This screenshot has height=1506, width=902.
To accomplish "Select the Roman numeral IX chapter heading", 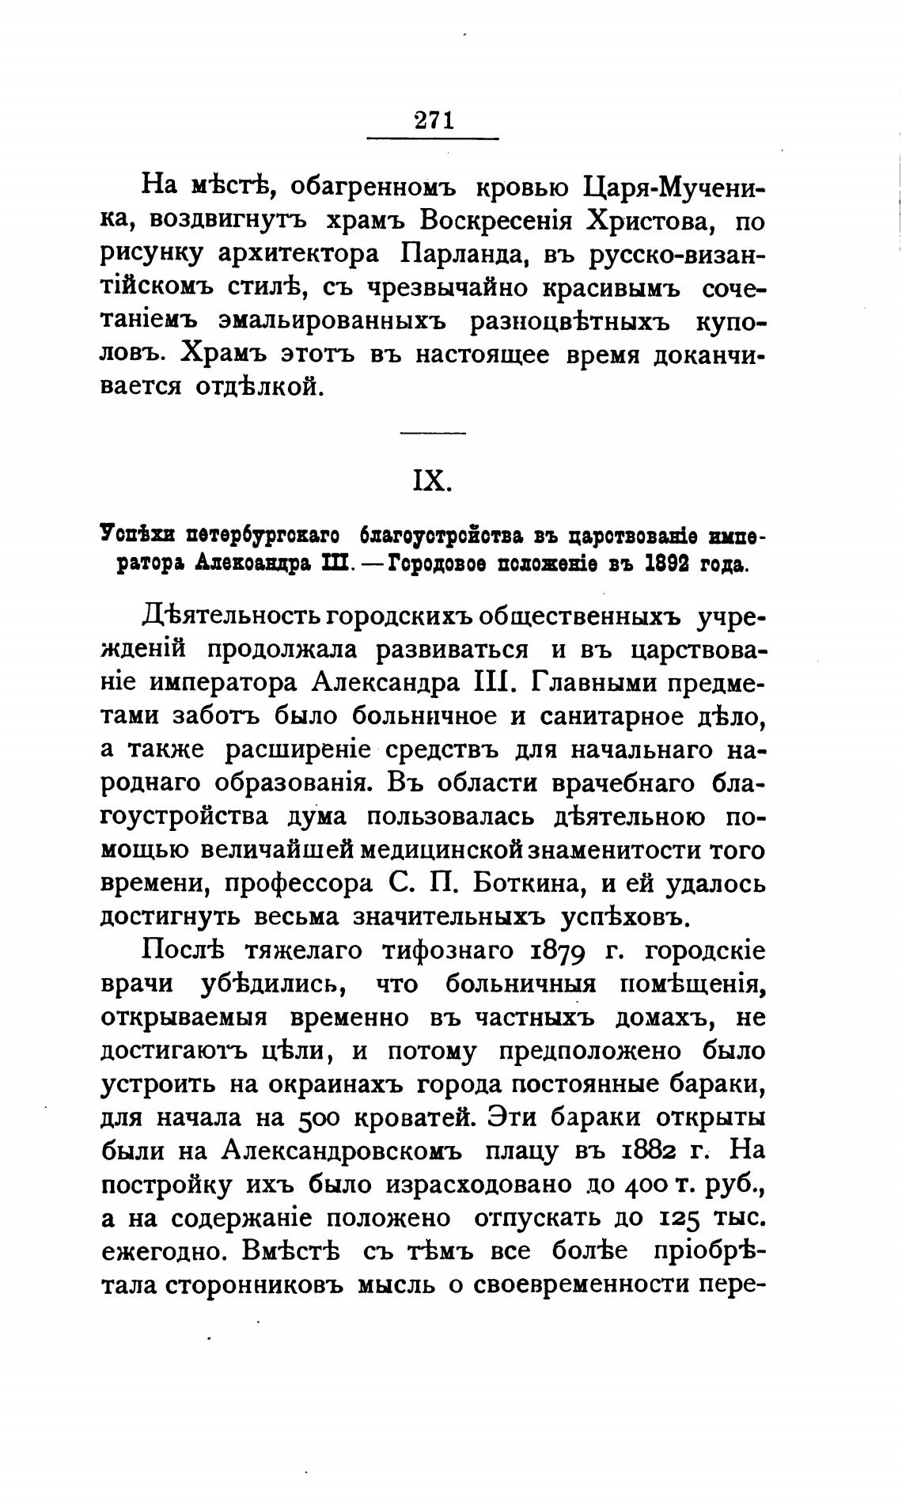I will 432,481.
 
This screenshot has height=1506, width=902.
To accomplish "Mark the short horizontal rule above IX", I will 433,432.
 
